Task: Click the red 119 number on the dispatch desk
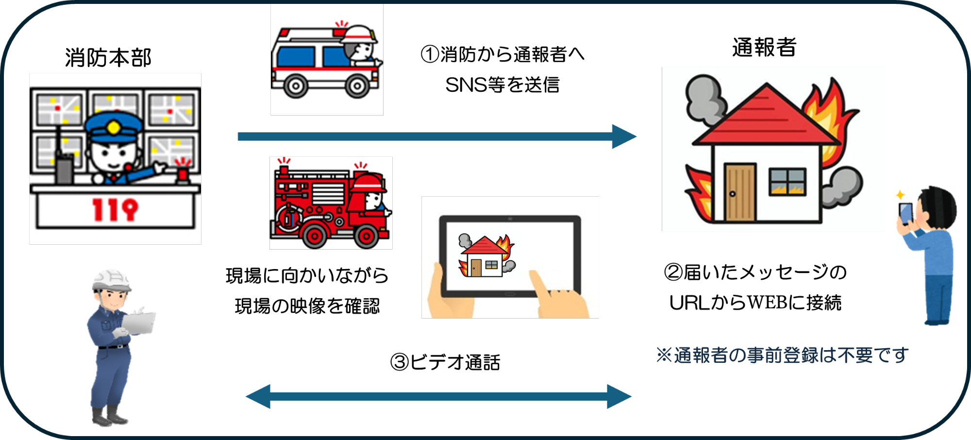point(115,210)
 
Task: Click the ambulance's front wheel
point(357,86)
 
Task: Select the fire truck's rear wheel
point(314,236)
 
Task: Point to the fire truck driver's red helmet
point(369,184)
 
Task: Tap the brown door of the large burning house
point(739,192)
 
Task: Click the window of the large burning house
point(787,182)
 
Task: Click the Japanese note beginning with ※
point(782,355)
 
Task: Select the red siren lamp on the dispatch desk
point(183,175)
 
